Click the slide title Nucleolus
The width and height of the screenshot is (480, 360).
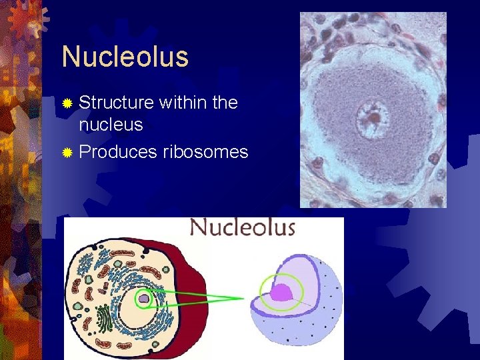coord(125,57)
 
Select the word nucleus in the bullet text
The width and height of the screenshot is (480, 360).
coord(111,124)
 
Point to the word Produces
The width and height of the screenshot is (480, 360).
coord(117,152)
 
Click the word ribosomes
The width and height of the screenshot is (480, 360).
coord(205,152)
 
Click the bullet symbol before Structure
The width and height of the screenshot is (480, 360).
coord(67,104)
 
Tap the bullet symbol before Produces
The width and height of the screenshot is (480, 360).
coord(67,153)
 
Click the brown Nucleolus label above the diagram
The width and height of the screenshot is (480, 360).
coord(242,228)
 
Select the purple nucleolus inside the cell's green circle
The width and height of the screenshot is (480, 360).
coord(144,299)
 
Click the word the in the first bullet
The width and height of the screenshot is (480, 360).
coord(225,103)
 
